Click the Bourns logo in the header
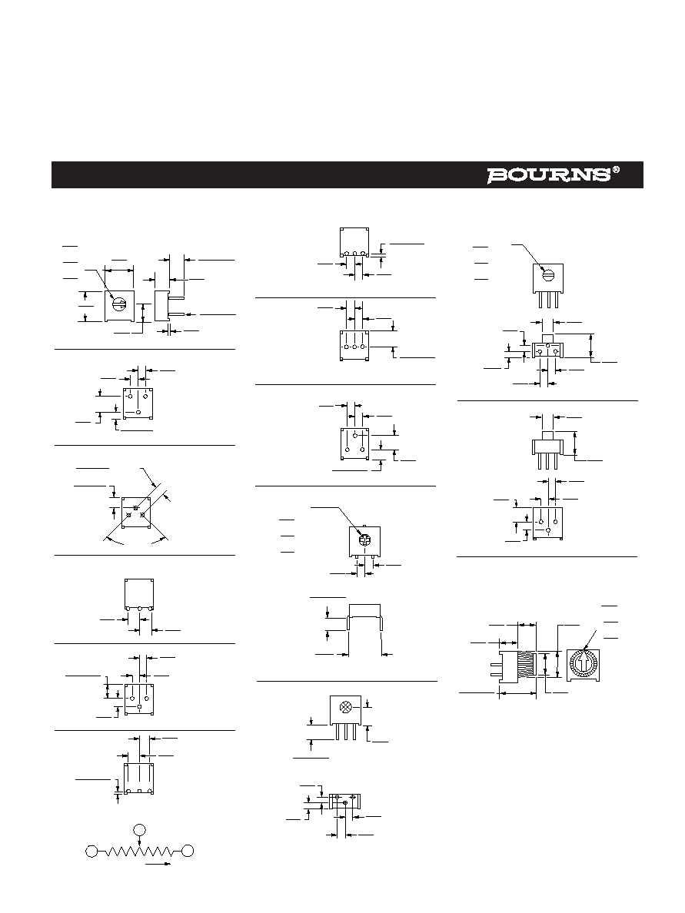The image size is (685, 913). (549, 175)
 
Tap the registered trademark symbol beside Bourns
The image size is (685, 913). (616, 171)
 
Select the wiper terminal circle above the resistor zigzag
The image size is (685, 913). (139, 830)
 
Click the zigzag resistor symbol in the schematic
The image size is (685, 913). (139, 852)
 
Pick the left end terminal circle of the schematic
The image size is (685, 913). (91, 852)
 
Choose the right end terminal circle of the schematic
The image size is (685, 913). (188, 852)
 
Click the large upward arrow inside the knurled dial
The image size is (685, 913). (583, 662)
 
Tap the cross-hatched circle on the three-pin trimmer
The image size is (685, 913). (345, 707)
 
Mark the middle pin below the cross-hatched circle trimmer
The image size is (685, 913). (346, 732)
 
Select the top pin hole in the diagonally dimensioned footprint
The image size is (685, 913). (136, 508)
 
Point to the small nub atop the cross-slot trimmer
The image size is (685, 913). (364, 526)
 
